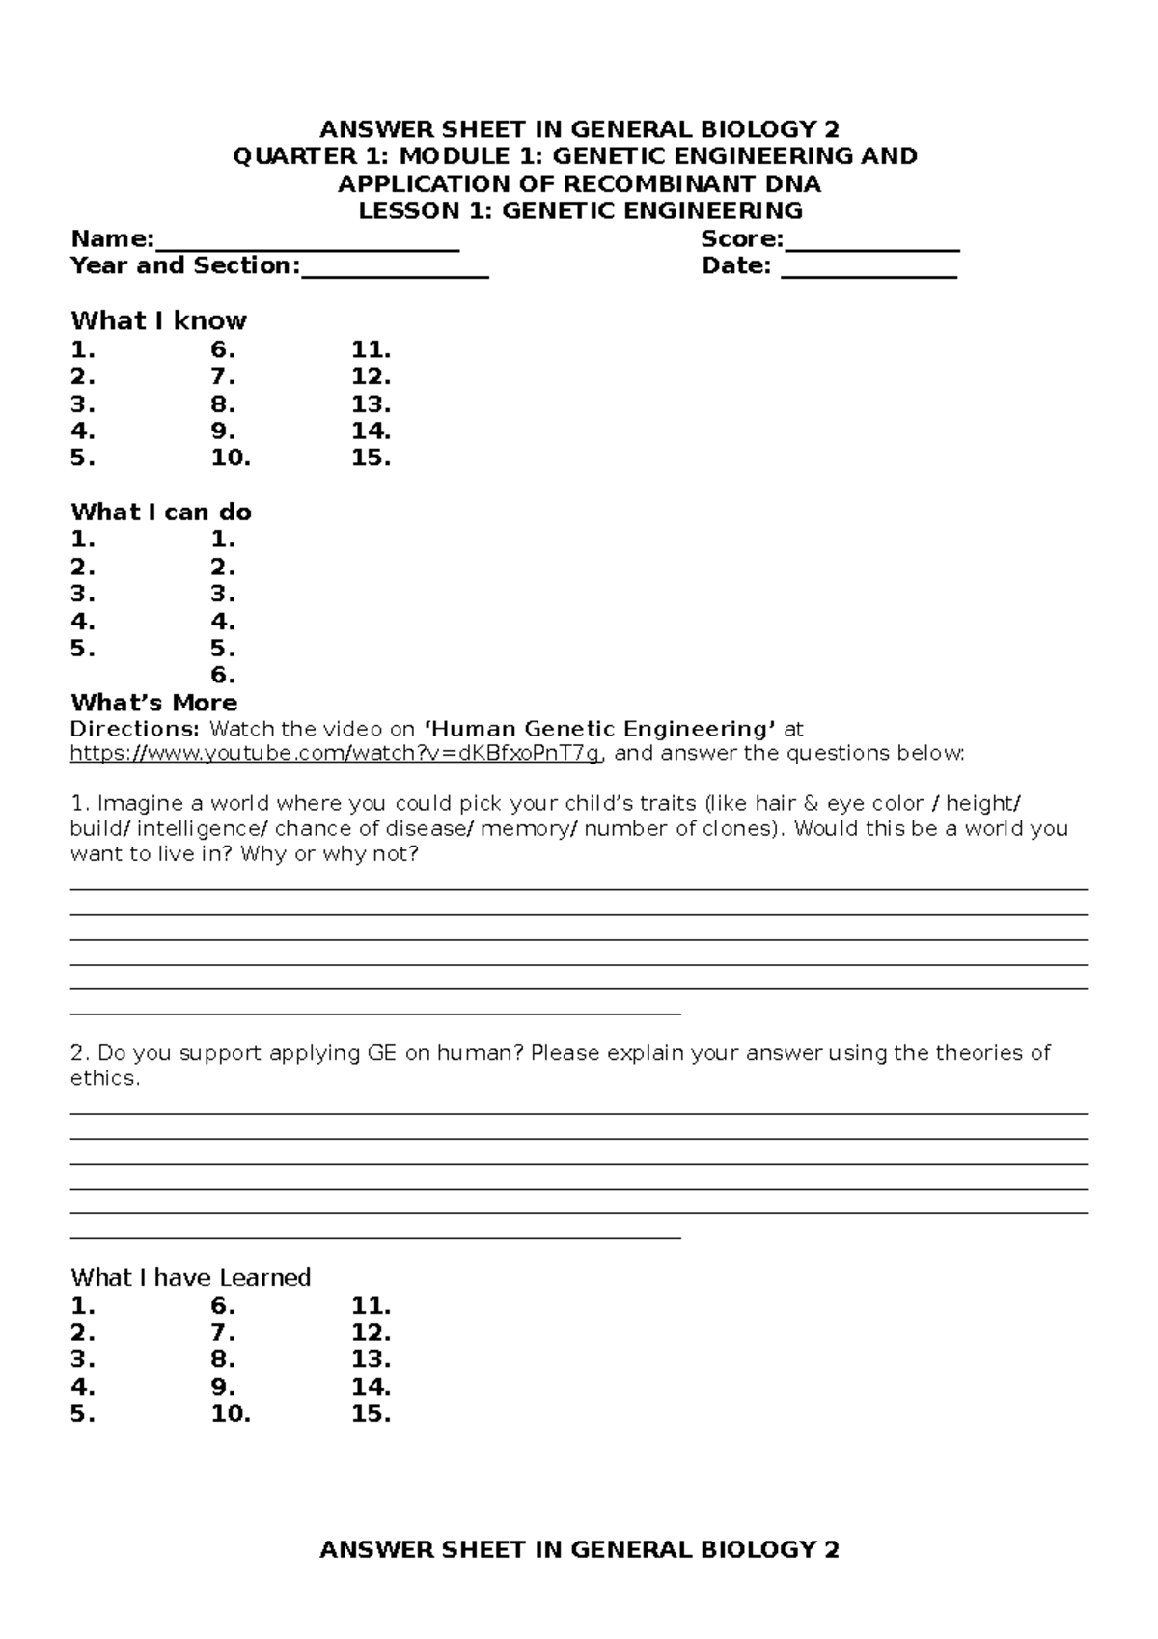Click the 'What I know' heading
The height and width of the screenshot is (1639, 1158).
(x=158, y=320)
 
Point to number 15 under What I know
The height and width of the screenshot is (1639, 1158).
(x=371, y=458)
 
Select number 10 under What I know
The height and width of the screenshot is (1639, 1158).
(x=231, y=458)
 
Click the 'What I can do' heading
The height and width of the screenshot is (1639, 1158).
(x=161, y=512)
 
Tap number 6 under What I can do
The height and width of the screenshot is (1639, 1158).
(x=223, y=675)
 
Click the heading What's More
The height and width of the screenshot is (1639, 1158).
(x=153, y=702)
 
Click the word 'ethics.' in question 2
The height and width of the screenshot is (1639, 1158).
(x=105, y=1078)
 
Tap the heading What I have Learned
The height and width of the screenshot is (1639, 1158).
(x=190, y=1277)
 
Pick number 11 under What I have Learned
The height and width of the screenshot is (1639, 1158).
(x=371, y=1306)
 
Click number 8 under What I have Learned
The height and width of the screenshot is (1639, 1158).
(x=223, y=1359)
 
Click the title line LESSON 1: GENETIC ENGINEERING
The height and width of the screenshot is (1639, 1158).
(x=580, y=210)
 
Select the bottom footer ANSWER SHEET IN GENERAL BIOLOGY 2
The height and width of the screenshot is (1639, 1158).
(x=579, y=1549)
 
